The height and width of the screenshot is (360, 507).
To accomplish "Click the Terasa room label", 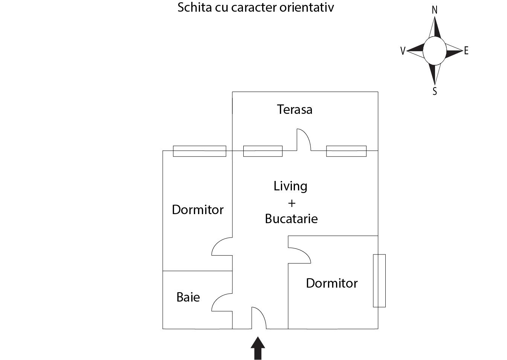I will [295, 109].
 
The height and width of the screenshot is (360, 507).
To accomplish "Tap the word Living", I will [290, 186].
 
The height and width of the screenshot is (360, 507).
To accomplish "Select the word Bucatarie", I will [291, 219].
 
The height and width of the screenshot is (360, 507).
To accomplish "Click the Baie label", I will [188, 297].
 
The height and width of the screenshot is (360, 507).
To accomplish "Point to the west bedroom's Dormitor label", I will [198, 210].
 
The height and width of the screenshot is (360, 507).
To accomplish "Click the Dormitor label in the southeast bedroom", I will [331, 283].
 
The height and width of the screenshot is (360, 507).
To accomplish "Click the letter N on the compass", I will [434, 10].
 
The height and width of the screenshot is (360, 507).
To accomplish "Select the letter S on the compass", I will [435, 92].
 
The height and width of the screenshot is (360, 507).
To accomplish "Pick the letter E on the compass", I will [466, 51].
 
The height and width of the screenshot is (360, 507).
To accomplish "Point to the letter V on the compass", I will [403, 51].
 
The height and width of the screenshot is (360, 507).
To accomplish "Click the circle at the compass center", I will [434, 51].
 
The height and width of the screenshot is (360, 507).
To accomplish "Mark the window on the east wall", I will [379, 280].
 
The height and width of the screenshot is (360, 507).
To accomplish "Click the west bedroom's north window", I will [199, 151].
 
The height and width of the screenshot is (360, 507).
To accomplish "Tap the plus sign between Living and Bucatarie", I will [292, 203].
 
